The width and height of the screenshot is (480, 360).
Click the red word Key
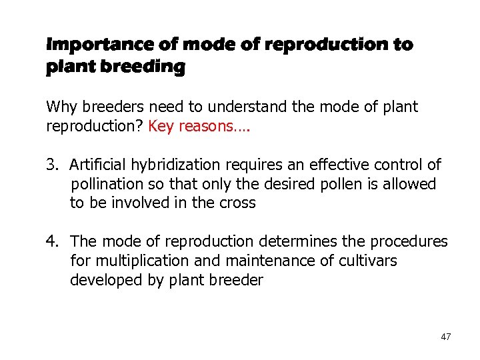(x=161, y=126)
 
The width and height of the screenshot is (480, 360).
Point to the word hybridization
(x=170, y=164)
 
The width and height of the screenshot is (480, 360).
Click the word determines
(x=293, y=241)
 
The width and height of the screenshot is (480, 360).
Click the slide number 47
(x=445, y=337)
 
